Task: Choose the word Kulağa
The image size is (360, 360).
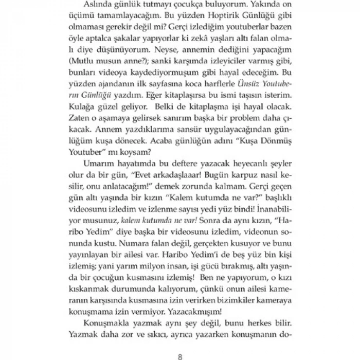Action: pos(82,121)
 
